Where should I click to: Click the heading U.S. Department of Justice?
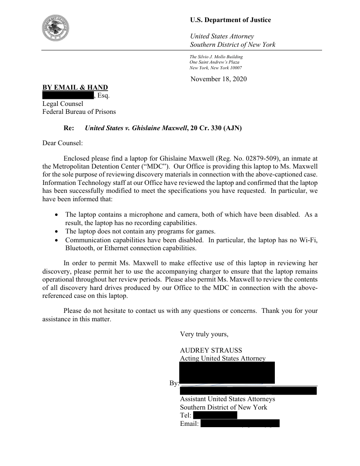click(x=230, y=20)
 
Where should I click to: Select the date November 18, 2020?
click(x=218, y=79)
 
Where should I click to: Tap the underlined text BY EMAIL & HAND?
click(x=75, y=87)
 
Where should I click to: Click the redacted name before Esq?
click(x=67, y=95)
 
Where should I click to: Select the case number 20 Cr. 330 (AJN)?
click(x=217, y=128)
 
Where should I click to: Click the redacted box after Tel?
click(x=215, y=415)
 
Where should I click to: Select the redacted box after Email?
click(x=240, y=424)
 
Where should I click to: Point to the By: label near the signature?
click(x=174, y=383)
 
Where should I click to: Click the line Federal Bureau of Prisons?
click(x=79, y=112)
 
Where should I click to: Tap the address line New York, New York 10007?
click(x=215, y=68)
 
